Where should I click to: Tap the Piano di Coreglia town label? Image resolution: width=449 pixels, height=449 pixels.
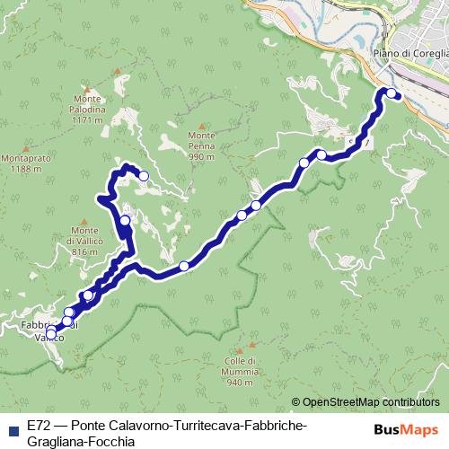pyautogui.click(x=409, y=53)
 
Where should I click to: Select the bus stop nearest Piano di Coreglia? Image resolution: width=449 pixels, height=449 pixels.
pyautogui.click(x=392, y=92)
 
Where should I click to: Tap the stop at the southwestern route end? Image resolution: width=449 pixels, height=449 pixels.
pyautogui.click(x=50, y=335)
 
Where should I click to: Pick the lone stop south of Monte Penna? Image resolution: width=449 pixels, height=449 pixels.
pyautogui.click(x=184, y=265)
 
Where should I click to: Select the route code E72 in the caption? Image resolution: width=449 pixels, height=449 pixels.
pyautogui.click(x=39, y=425)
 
